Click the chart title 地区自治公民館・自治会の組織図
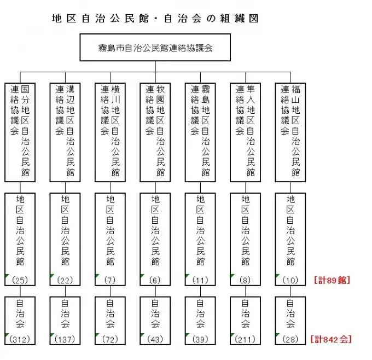coord(155,19)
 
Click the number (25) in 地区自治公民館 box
coord(20,280)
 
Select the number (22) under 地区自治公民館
coord(65,280)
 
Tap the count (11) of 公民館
coord(200,280)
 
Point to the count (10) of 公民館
coord(290,280)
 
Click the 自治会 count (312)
coord(20,339)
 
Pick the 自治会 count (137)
coord(65,339)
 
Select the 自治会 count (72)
coord(110,339)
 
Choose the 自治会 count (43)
coord(155,339)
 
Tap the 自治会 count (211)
coord(245,339)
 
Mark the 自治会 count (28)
coord(290,339)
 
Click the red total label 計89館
coord(332,280)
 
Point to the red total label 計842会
coord(331,339)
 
